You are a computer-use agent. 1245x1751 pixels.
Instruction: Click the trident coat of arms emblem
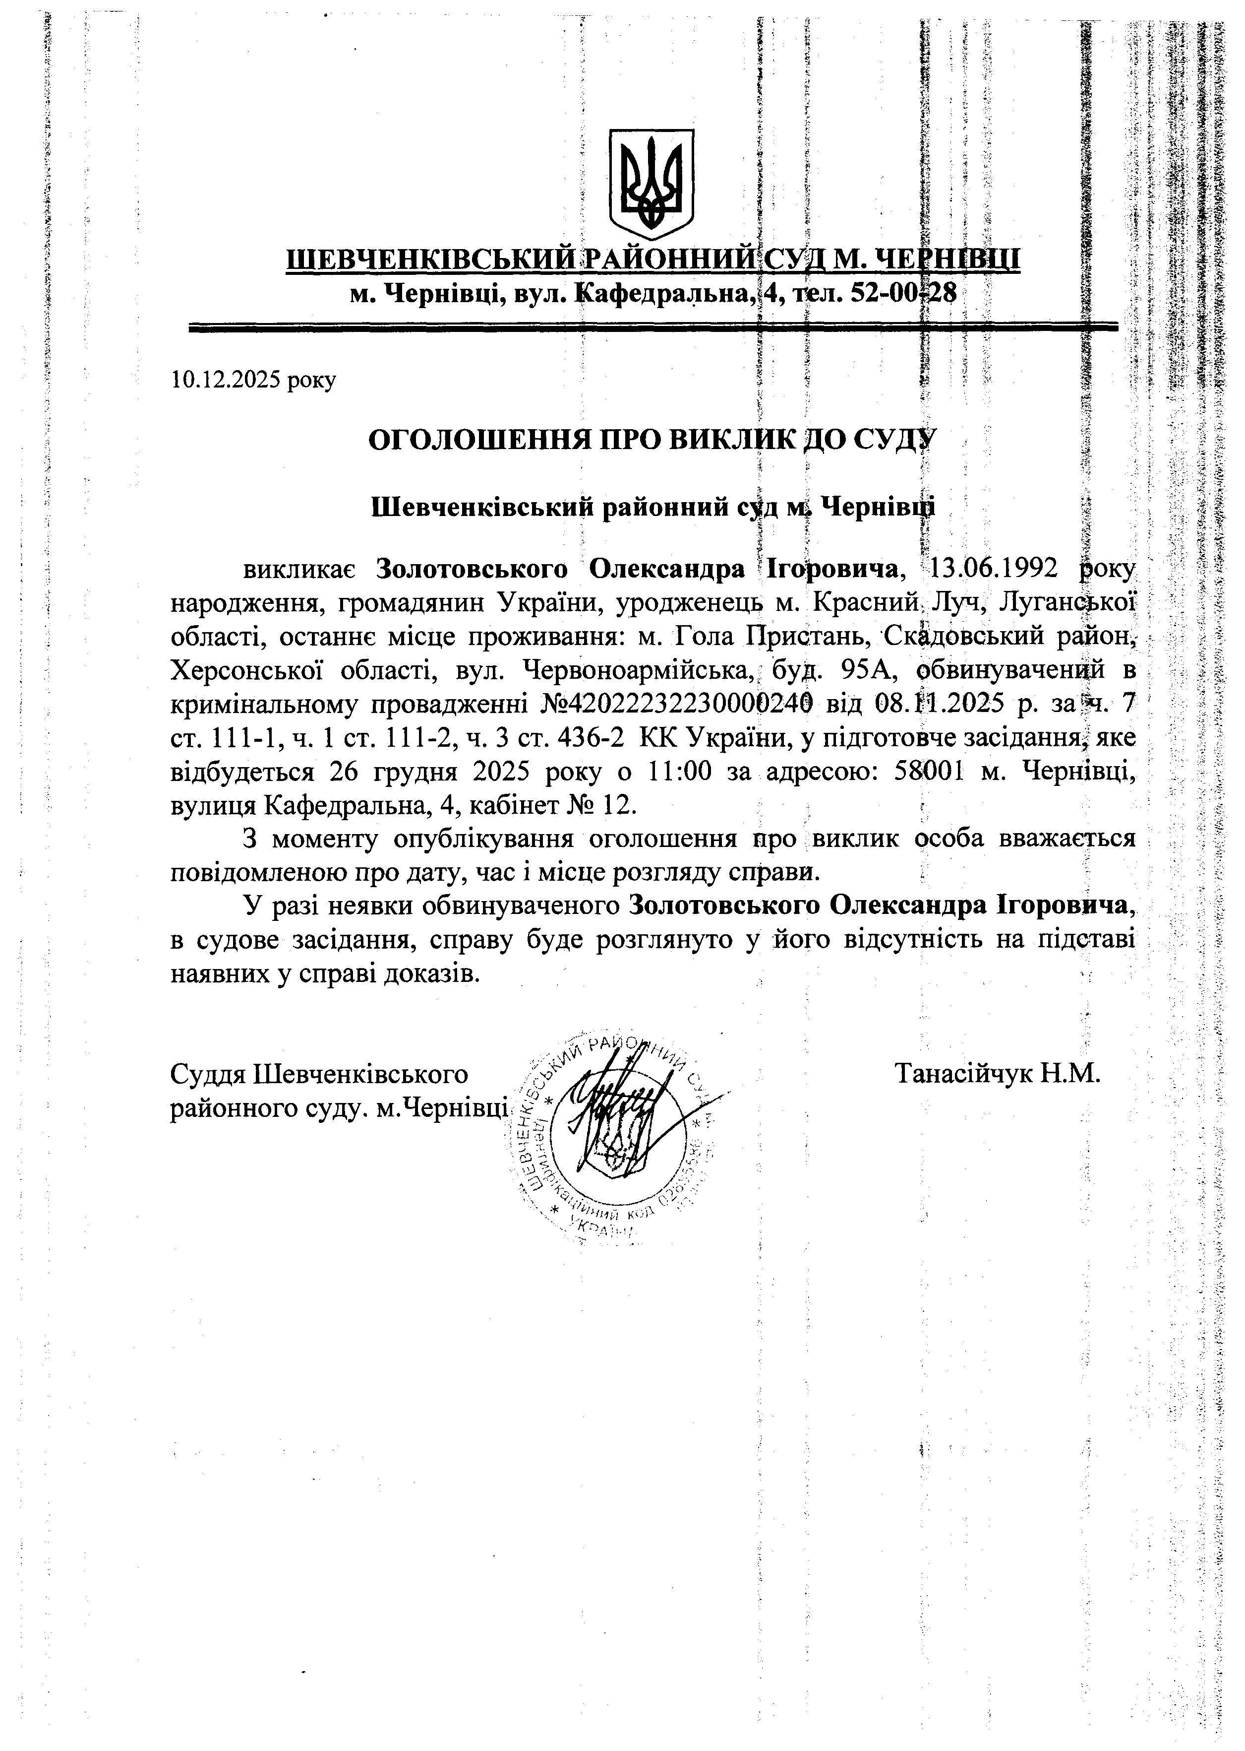[x=651, y=184]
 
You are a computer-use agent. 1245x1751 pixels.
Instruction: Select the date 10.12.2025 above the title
[x=228, y=380]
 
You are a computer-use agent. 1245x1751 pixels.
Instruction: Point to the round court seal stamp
[x=613, y=1135]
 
